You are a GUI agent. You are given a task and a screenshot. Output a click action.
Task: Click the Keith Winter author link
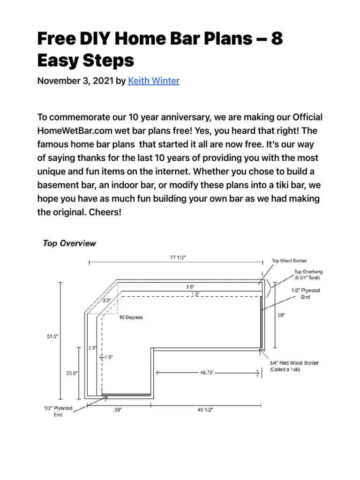pyautogui.click(x=153, y=81)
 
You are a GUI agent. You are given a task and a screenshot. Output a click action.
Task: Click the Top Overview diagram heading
pyautogui.click(x=69, y=243)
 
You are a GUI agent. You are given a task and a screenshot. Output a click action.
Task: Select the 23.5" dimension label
pyautogui.click(x=72, y=373)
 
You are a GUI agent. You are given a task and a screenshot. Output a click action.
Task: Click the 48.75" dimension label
pyautogui.click(x=207, y=373)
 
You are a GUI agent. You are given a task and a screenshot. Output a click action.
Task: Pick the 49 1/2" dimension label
pyautogui.click(x=205, y=410)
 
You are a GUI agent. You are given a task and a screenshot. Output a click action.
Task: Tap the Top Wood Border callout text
pyautogui.click(x=290, y=261)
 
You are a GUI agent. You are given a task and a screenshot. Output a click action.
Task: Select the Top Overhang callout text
pyautogui.click(x=307, y=275)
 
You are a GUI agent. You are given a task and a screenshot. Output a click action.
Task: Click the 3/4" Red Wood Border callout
pyautogui.click(x=294, y=366)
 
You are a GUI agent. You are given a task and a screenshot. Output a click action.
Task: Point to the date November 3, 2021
pyautogui.click(x=75, y=81)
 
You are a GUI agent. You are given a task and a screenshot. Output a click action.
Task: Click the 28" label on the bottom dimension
pyautogui.click(x=118, y=410)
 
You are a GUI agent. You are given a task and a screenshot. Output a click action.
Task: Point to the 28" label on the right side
pyautogui.click(x=281, y=315)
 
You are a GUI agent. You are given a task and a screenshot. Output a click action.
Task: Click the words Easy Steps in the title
pyautogui.click(x=85, y=60)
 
